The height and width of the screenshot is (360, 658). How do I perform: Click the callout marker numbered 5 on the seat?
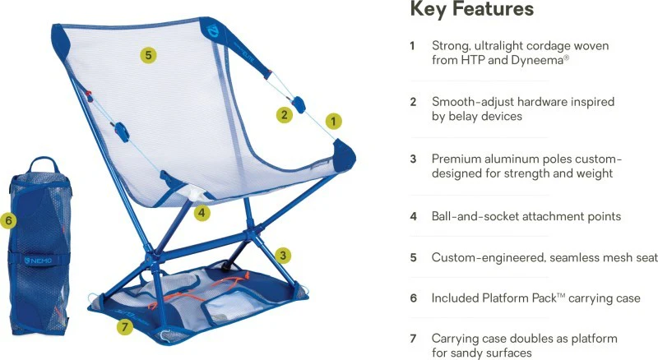coord(148,55)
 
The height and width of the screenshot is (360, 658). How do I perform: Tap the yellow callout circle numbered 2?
coord(285,114)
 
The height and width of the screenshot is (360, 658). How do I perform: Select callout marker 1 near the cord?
coord(334,122)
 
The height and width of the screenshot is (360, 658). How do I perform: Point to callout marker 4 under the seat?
coord(202,213)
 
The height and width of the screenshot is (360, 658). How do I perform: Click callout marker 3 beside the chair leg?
coord(283,255)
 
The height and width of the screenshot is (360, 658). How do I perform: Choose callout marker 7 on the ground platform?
coord(125,327)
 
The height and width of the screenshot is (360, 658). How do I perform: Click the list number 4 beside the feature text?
coord(414,216)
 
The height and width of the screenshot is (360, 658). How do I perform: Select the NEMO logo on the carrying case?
coord(38,261)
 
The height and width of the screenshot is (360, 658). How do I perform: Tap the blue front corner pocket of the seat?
coord(344,155)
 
